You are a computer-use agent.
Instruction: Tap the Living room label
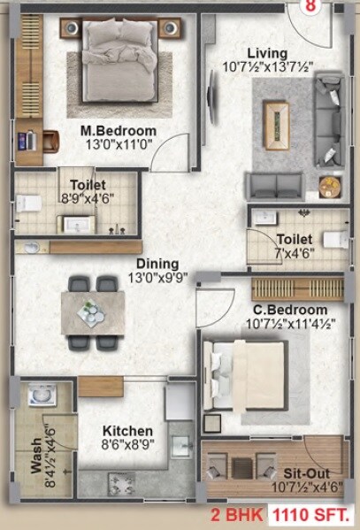tap(268, 52)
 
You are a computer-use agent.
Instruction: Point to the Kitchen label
tap(127, 431)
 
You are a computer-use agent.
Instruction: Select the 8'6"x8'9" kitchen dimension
tap(128, 445)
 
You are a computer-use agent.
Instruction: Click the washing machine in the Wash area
tap(39, 395)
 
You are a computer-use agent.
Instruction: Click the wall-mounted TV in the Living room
tap(212, 100)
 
